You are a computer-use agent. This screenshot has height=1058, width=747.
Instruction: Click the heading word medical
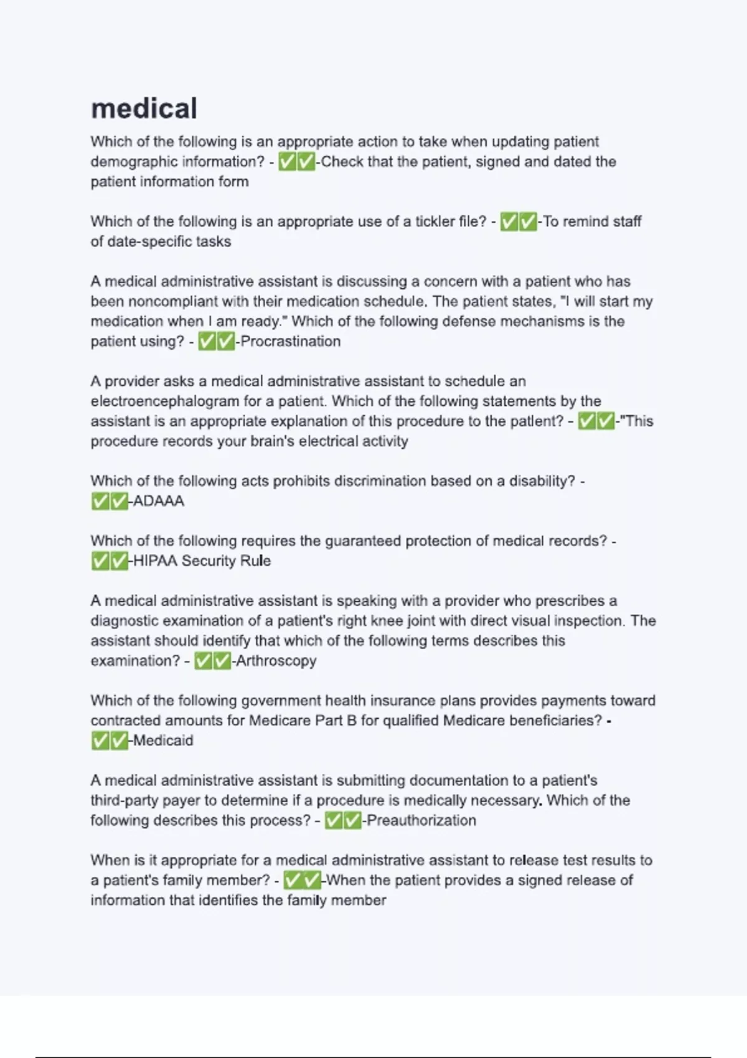tap(144, 108)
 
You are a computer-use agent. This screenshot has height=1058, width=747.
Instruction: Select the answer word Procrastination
tap(291, 341)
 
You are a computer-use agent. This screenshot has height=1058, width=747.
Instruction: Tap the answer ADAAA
tap(159, 501)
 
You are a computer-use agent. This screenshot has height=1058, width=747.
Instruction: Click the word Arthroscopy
tap(276, 660)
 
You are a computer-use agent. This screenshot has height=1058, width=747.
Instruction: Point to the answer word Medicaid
tap(163, 741)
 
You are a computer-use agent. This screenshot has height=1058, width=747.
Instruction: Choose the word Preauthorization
tap(421, 820)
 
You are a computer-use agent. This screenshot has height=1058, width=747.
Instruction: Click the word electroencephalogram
tap(165, 401)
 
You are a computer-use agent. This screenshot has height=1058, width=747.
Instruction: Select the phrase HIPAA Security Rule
tap(202, 561)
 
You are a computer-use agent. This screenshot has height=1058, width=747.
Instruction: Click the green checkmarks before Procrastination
tap(216, 341)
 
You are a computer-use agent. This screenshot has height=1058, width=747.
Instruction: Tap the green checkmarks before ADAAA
tap(110, 501)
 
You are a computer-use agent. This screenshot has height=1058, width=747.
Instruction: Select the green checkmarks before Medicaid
tap(110, 741)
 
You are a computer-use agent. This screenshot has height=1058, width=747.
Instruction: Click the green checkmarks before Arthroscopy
tap(212, 660)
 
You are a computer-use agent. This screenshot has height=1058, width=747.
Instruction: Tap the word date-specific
tap(146, 241)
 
